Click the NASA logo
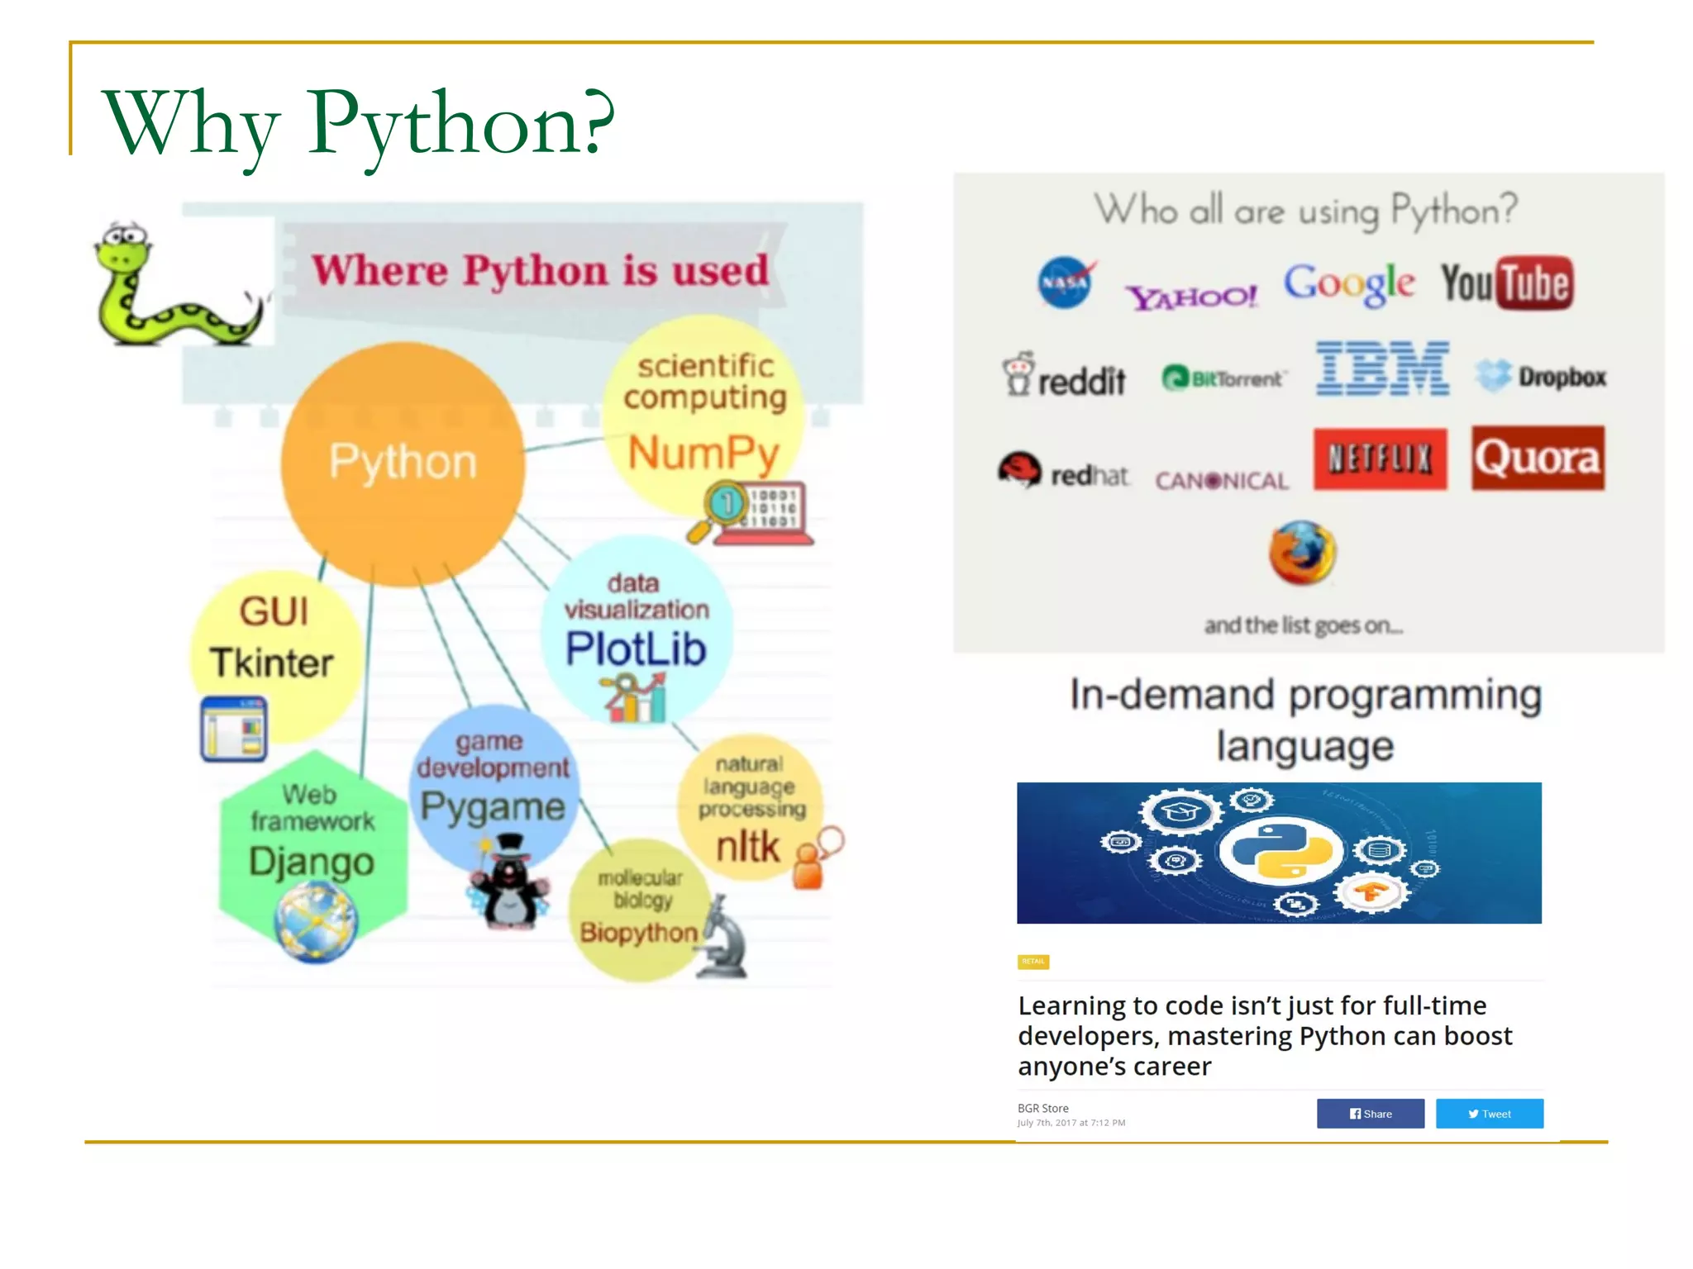click(x=1064, y=283)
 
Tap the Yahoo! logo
click(x=1191, y=297)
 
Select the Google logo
click(x=1349, y=283)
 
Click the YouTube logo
click(x=1507, y=283)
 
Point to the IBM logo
click(x=1382, y=368)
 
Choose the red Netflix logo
click(x=1380, y=459)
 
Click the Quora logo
click(x=1538, y=458)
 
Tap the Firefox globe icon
click(x=1302, y=553)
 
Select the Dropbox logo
click(x=1541, y=377)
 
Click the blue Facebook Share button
click(x=1370, y=1113)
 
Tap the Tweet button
click(x=1489, y=1113)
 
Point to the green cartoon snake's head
click(x=124, y=248)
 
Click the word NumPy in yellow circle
click(x=703, y=454)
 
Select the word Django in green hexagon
click(x=312, y=861)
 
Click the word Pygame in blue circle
click(x=493, y=806)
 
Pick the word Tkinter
click(x=271, y=663)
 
